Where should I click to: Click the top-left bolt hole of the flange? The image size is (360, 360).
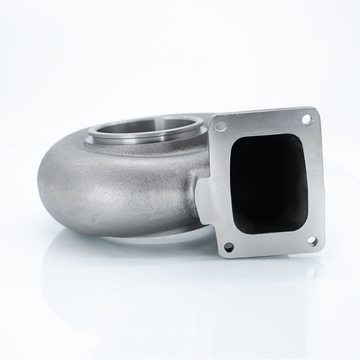pos(221,127)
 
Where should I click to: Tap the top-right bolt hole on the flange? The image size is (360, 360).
pos(307,119)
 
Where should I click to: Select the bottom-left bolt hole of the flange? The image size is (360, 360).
pos(229,247)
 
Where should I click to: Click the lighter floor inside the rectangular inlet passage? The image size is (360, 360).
pos(270,220)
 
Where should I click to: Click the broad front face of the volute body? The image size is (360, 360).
pos(121,189)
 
